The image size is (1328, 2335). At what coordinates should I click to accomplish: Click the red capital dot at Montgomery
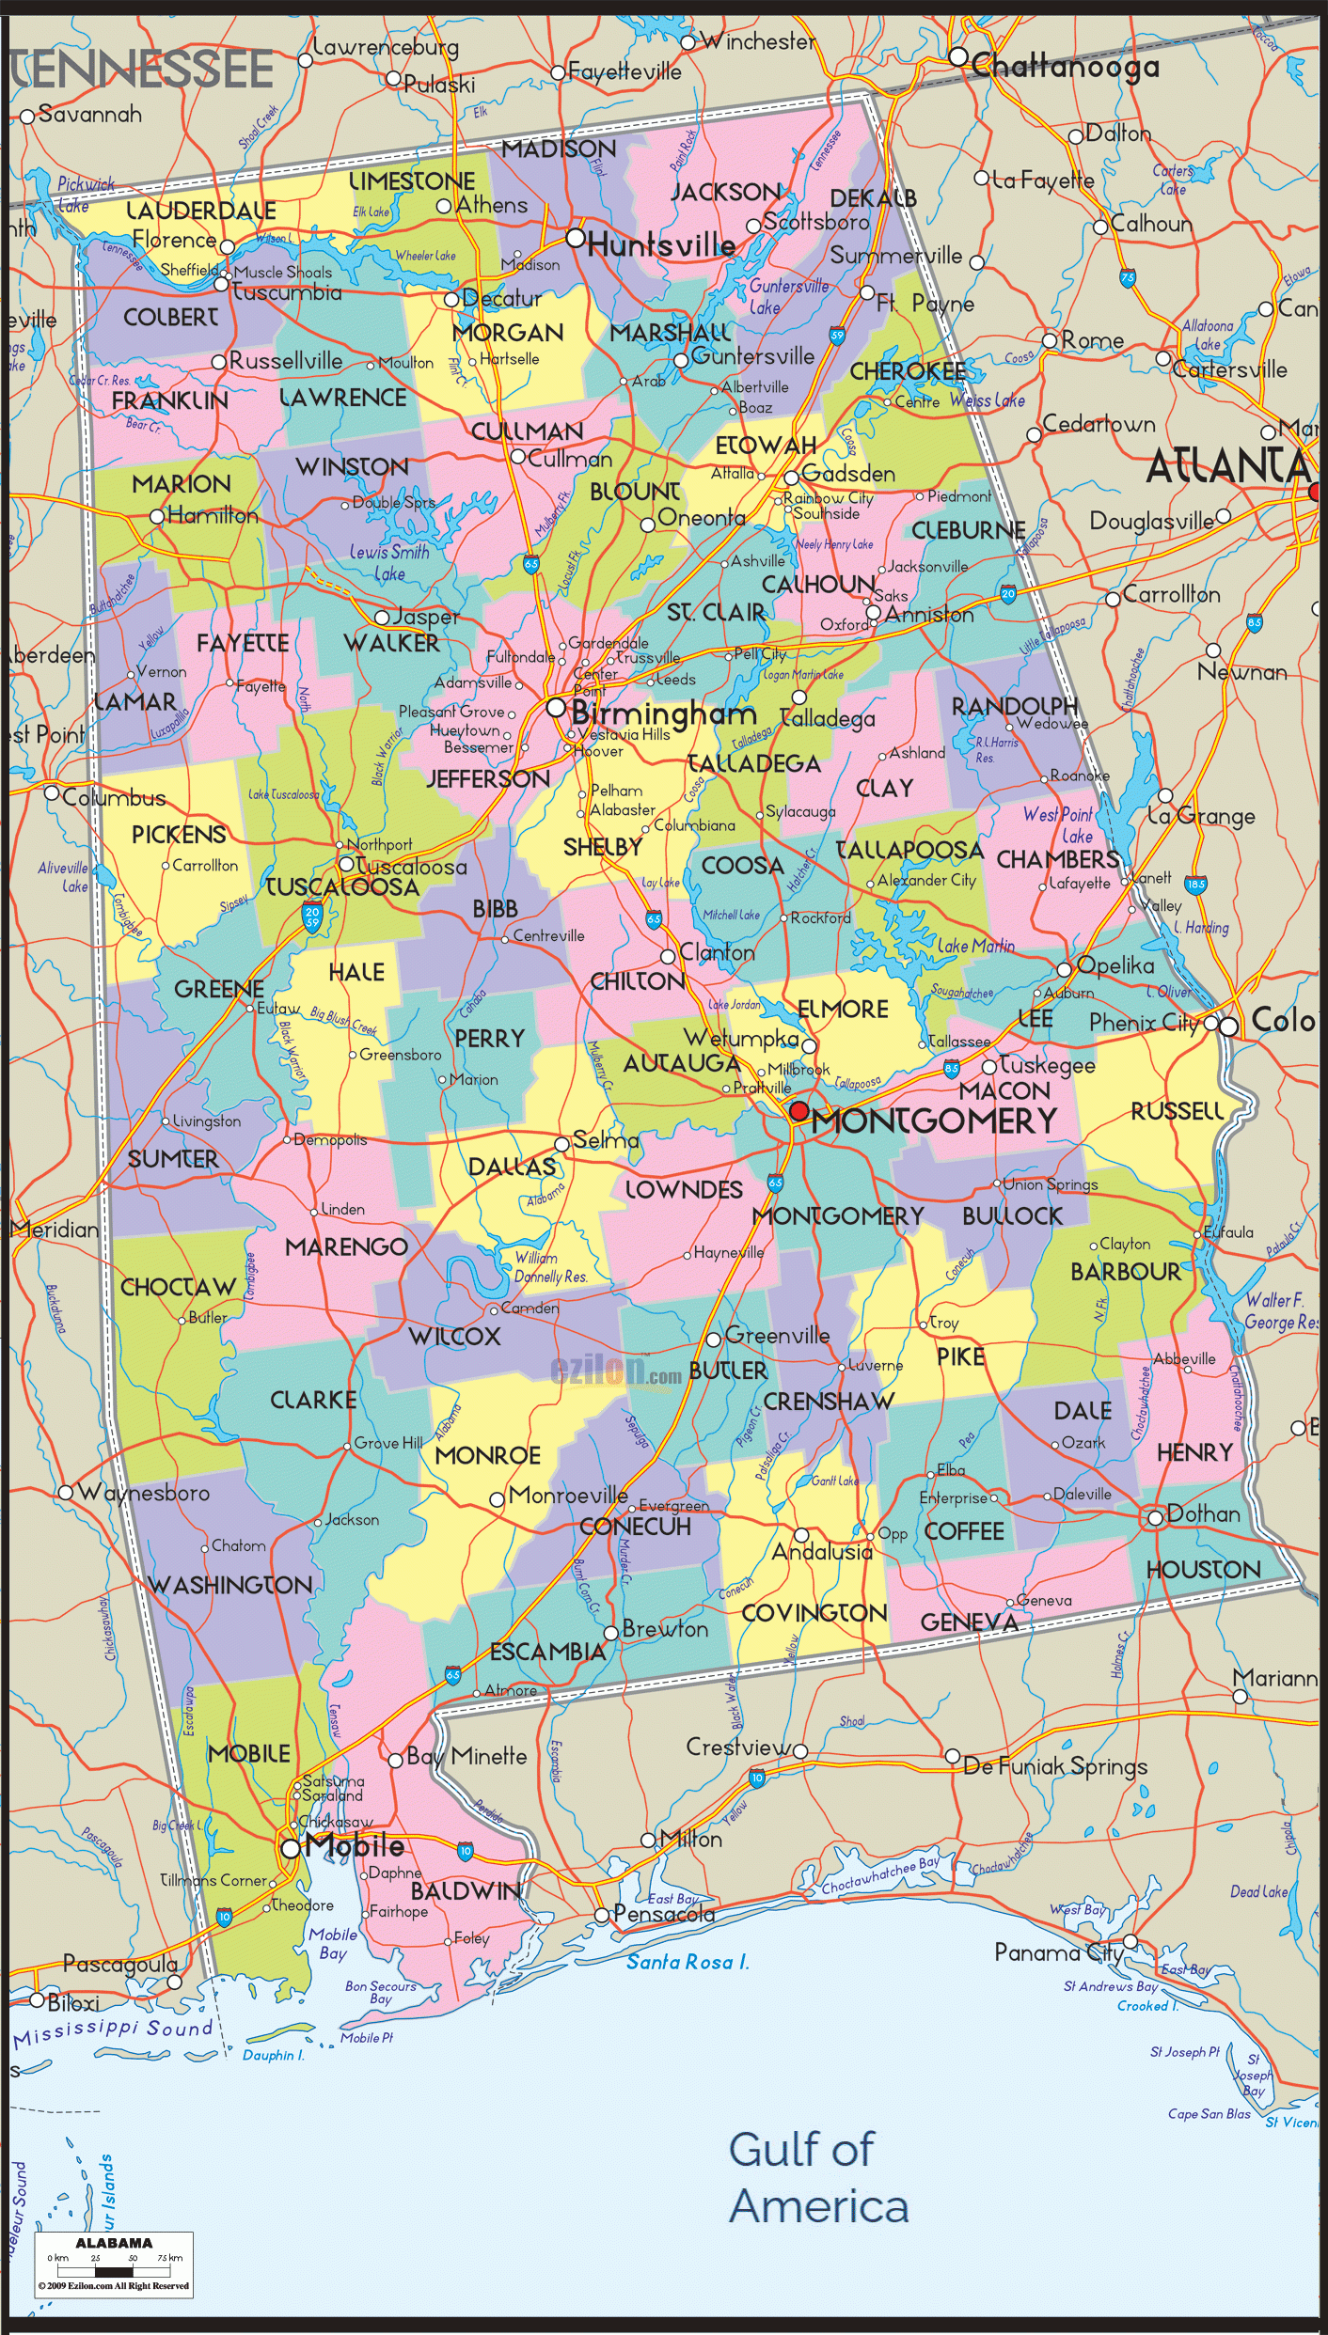[x=798, y=1111]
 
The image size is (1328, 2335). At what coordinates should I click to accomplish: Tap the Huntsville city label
[x=661, y=245]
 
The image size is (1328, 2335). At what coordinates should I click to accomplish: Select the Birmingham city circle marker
[x=556, y=707]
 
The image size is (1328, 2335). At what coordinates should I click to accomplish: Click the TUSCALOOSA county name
[x=342, y=887]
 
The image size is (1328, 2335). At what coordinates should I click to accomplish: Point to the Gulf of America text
[x=818, y=2177]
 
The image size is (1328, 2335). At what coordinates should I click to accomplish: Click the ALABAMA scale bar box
[x=114, y=2264]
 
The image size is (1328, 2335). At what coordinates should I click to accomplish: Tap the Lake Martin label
[x=975, y=946]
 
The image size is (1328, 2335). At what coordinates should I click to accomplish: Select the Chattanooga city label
[x=1065, y=67]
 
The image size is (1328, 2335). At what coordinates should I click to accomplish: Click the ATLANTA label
[x=1227, y=465]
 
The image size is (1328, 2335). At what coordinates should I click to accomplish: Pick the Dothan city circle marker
[x=1155, y=1518]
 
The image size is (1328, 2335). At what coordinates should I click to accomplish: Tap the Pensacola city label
[x=664, y=1914]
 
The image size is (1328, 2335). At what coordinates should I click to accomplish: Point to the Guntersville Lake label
[x=788, y=296]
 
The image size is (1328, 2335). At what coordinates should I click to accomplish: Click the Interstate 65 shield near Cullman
[x=531, y=564]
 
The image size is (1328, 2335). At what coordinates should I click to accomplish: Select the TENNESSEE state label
[x=141, y=71]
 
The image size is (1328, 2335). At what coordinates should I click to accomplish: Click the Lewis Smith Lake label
[x=389, y=562]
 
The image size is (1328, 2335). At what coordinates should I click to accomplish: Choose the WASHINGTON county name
[x=231, y=1585]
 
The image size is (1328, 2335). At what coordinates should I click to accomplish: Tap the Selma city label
[x=606, y=1140]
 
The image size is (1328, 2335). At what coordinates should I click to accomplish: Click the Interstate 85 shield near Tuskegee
[x=952, y=1068]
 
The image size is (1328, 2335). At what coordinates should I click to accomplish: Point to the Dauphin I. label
[x=274, y=2054]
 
